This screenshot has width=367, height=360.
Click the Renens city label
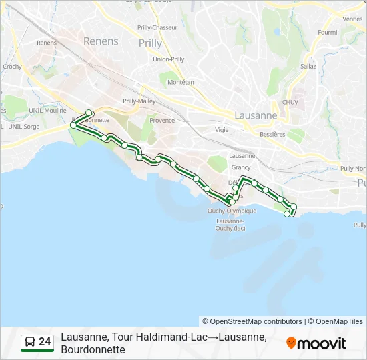pos(100,41)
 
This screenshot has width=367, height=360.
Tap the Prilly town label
pos(150,43)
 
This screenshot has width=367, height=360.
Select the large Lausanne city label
pos(256,115)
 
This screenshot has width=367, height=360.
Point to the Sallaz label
pos(308,67)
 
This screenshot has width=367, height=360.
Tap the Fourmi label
pos(328,32)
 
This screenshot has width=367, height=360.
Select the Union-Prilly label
pos(169,59)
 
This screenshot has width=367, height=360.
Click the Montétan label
pos(181,82)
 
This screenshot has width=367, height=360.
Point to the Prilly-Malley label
pos(139,101)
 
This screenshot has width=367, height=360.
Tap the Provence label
pos(162,121)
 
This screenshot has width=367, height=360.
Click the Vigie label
pos(222,130)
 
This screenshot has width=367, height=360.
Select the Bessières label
pos(274,134)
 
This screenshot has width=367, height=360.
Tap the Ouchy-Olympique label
pos(232,211)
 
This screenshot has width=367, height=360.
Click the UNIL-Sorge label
pos(24,126)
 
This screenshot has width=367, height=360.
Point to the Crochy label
pos(12,67)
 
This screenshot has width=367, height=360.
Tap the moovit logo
pos(316,343)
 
